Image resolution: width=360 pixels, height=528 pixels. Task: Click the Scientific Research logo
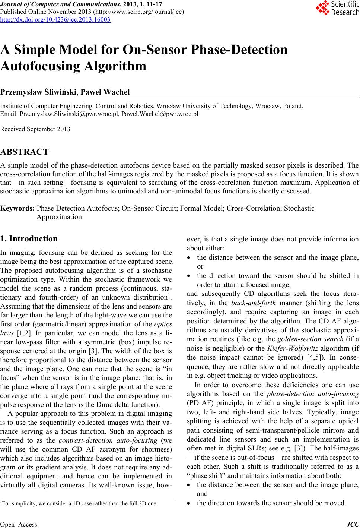(338, 8)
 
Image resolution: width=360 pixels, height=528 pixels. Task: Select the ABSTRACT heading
(25, 152)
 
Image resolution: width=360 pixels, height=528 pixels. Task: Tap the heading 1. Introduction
(29, 239)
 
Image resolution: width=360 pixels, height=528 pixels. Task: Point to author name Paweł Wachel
(108, 92)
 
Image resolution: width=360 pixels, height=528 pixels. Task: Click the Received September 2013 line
(35, 129)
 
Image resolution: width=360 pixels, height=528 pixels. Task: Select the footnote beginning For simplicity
(79, 503)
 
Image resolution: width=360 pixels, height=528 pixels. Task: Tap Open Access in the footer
(19, 525)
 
